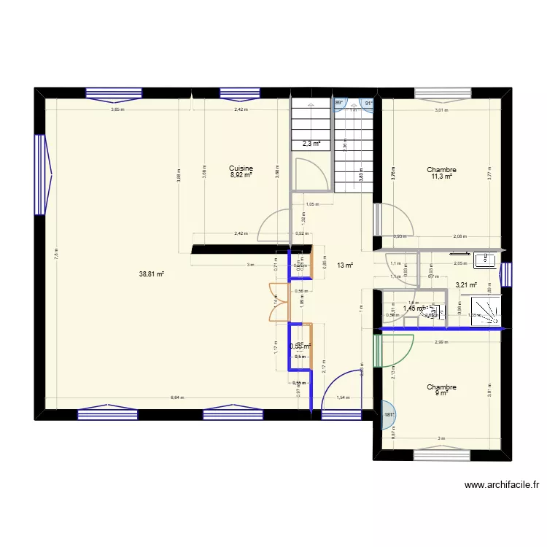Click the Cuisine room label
[241, 168]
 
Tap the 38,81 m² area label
[152, 274]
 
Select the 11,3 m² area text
[441, 176]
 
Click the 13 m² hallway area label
[345, 265]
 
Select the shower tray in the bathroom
[486, 309]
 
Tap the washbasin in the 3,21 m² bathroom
[484, 259]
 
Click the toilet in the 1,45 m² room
[437, 311]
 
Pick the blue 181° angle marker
[387, 414]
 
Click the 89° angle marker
[340, 104]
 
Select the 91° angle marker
[368, 104]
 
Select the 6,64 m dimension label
[177, 398]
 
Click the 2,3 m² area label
[311, 144]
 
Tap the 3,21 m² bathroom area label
[466, 285]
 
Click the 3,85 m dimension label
[117, 110]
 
